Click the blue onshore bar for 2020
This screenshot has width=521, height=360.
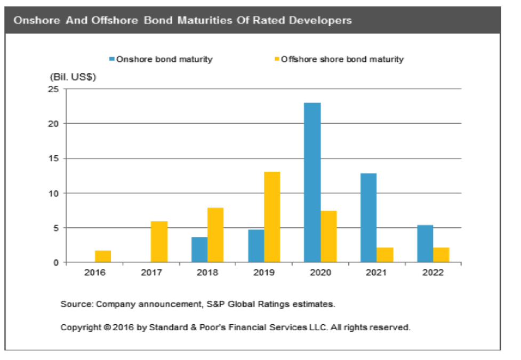coord(312,182)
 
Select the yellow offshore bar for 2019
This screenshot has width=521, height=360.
coord(271,217)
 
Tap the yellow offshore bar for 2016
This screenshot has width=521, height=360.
coord(102,257)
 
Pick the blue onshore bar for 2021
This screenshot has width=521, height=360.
coord(368,218)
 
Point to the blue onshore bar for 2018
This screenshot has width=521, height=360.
coord(199,250)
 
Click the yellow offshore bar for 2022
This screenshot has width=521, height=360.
coord(441,255)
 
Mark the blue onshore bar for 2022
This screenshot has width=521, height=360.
coord(424,244)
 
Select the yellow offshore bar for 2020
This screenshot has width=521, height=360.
coord(328,236)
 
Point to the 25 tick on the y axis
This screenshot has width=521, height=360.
coord(54,89)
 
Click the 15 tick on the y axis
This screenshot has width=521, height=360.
coord(54,158)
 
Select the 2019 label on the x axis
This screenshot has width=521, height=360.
coord(264,273)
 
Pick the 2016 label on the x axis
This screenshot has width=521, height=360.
coord(94,273)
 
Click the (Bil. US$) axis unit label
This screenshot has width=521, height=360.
coord(73,77)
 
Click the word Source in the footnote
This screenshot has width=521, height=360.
coord(75,305)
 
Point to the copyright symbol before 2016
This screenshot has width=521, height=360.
coord(107,327)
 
